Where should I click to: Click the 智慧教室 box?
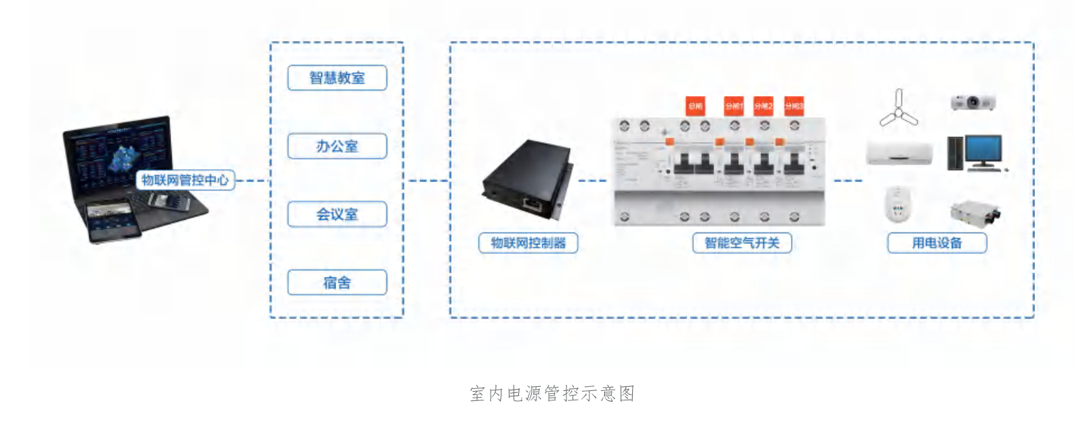(337, 78)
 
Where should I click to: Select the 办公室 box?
(337, 146)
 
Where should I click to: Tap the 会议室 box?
(337, 214)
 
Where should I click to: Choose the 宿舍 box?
(337, 283)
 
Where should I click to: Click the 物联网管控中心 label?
(185, 180)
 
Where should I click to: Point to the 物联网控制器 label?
(528, 243)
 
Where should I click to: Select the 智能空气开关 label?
(742, 243)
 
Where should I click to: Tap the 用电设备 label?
(937, 243)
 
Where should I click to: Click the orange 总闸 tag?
(695, 106)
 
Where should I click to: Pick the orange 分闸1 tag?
(734, 106)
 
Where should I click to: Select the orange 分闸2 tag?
(763, 106)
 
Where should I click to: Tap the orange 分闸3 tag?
(793, 106)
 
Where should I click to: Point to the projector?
(973, 103)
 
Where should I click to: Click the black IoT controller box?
(528, 179)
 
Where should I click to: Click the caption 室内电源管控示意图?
(552, 394)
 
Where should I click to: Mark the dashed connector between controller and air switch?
(592, 181)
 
